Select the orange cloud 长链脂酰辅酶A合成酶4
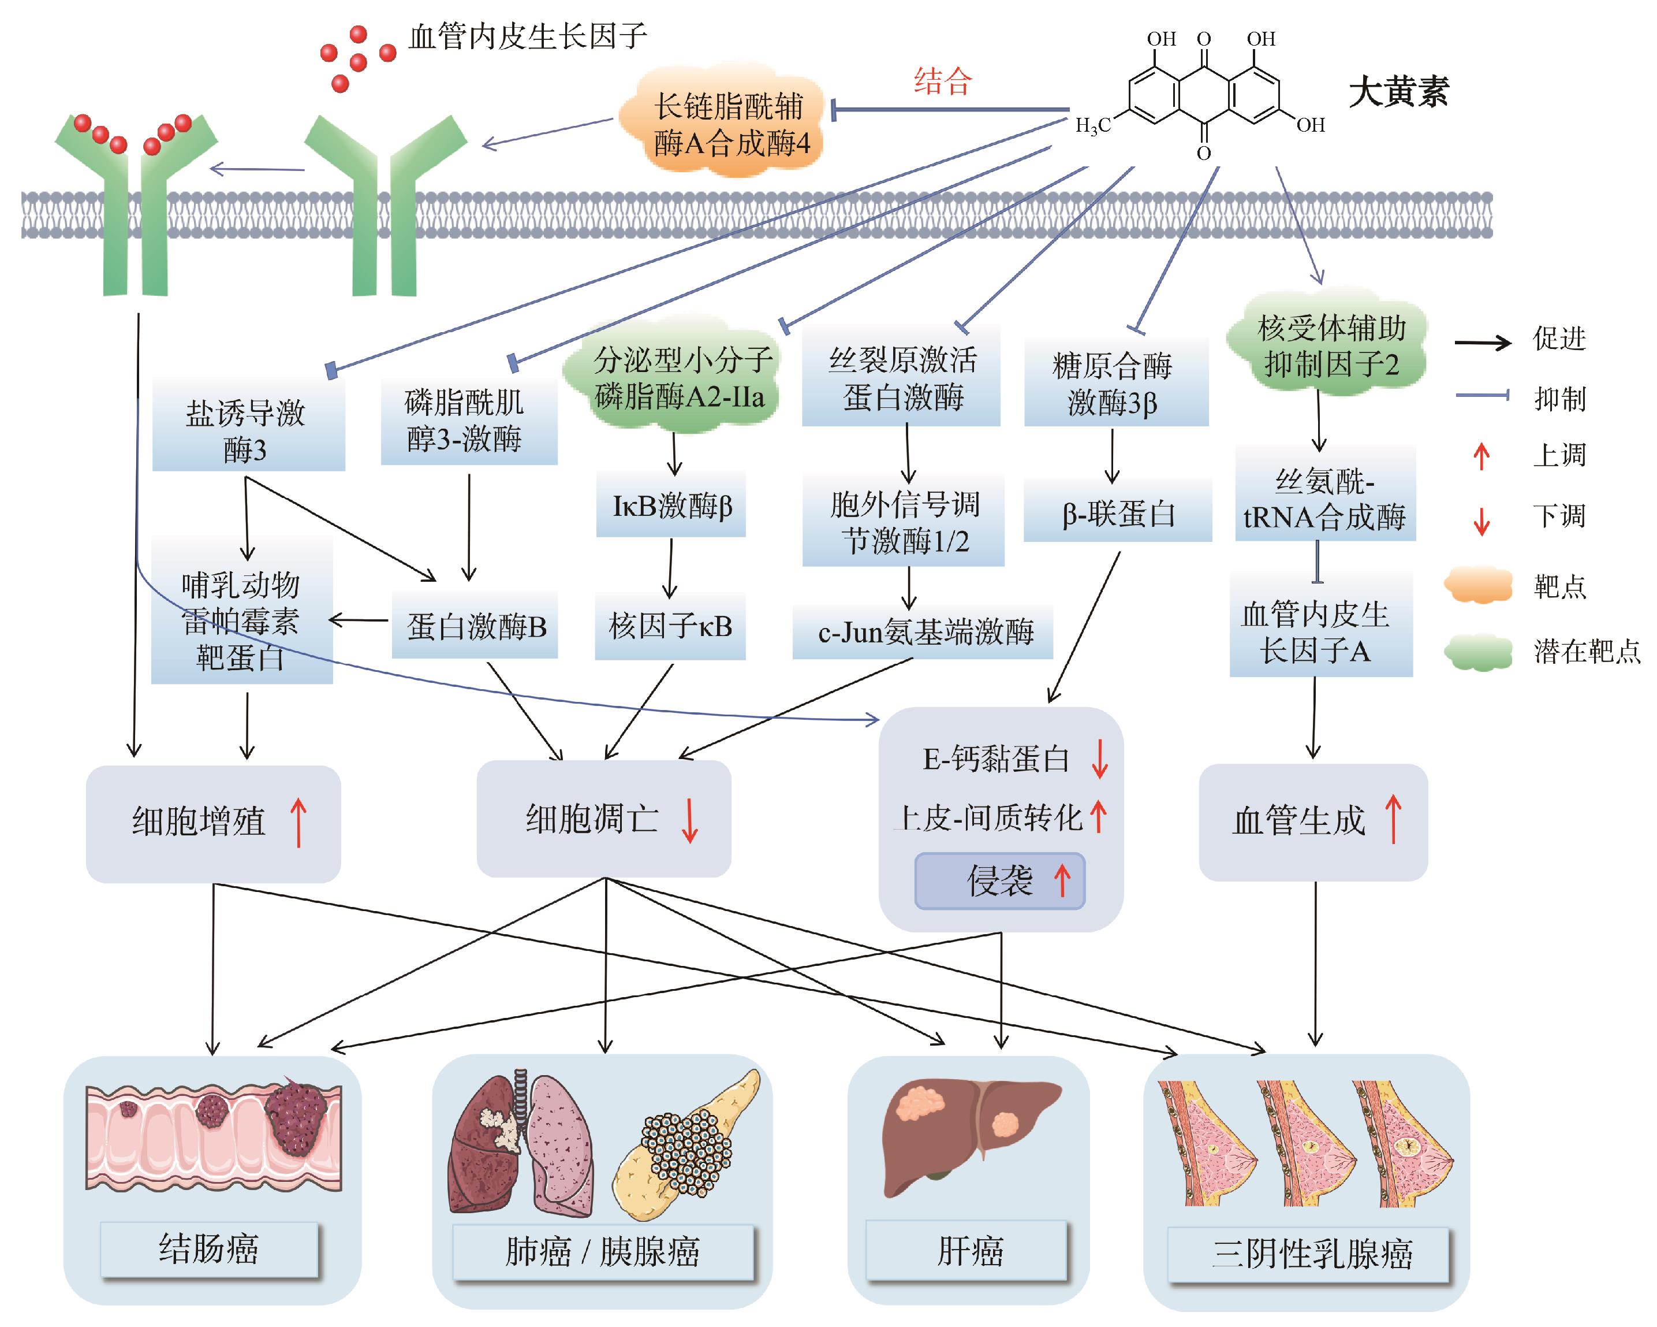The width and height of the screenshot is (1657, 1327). pyautogui.click(x=729, y=125)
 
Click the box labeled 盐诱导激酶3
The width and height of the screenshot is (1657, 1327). pyautogui.click(x=248, y=430)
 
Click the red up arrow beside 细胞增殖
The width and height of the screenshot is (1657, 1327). pyautogui.click(x=298, y=823)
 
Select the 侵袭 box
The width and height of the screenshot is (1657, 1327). pyautogui.click(x=999, y=881)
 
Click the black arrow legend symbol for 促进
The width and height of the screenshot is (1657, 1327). pyautogui.click(x=1483, y=342)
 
